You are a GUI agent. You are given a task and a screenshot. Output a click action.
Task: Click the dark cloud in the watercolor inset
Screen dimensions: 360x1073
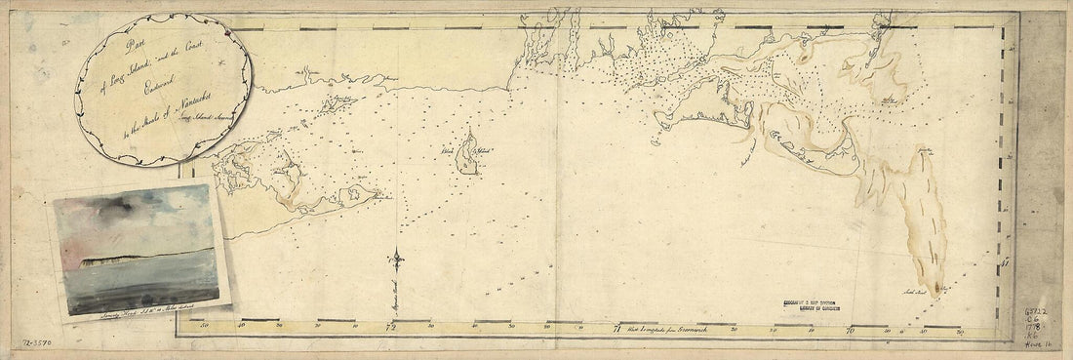(x=107, y=207)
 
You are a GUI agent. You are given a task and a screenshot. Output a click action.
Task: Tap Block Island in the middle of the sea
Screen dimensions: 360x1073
(x=468, y=153)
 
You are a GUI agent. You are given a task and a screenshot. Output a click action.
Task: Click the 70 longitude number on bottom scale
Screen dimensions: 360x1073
(x=850, y=329)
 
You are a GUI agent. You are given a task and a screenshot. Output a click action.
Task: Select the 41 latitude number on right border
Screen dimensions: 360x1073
(x=1006, y=262)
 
